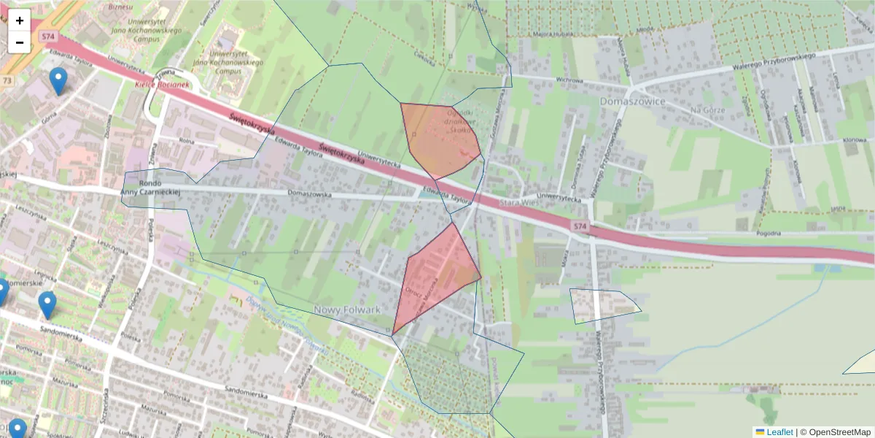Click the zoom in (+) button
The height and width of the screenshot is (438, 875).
click(x=20, y=20)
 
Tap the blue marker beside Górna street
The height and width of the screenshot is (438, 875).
click(x=58, y=81)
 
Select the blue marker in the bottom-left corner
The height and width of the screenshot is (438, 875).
click(x=17, y=429)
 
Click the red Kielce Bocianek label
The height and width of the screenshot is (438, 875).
click(x=162, y=85)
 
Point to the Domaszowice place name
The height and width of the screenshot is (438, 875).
click(x=632, y=101)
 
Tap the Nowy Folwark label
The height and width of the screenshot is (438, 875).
click(x=347, y=310)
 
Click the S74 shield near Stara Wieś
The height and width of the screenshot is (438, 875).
click(x=579, y=228)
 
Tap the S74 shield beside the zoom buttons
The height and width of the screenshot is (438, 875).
click(x=49, y=36)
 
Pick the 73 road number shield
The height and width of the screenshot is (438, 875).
click(x=7, y=80)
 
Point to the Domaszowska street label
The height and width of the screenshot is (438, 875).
click(x=310, y=195)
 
